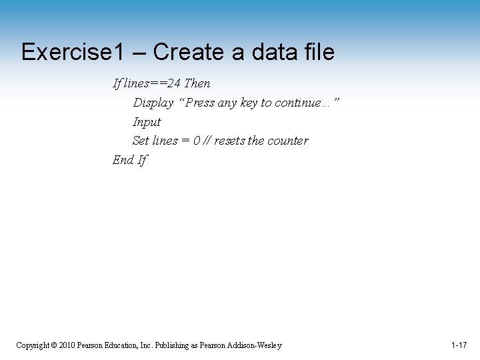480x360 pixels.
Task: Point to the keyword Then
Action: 197,83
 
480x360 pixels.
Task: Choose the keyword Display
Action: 153,103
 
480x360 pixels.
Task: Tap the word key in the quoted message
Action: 247,103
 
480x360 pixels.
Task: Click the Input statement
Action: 147,122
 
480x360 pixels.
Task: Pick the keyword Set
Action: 141,141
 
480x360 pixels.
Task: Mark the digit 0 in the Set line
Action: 197,141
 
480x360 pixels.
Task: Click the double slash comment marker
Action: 208,141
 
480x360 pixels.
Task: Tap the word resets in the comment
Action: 230,141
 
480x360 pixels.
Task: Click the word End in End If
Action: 123,160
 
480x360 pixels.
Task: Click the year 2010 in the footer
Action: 67,345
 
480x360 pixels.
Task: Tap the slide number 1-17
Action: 458,345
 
